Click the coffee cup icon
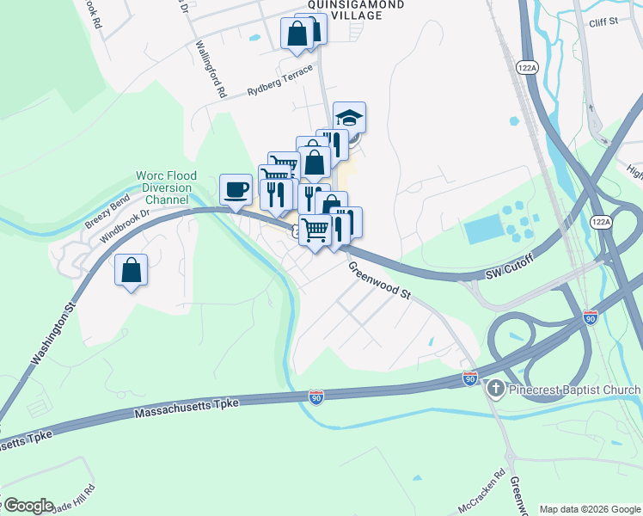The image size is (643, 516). (236, 189)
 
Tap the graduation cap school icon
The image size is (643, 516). (350, 117)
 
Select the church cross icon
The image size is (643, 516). (495, 390)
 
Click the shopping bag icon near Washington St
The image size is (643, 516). (131, 270)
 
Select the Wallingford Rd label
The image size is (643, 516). (210, 68)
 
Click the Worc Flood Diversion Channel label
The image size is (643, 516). (162, 188)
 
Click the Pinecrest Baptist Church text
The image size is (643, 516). (574, 390)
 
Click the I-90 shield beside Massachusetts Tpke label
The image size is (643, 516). (317, 396)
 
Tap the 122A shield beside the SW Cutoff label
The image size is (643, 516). (601, 222)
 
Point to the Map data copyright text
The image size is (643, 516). (589, 509)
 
